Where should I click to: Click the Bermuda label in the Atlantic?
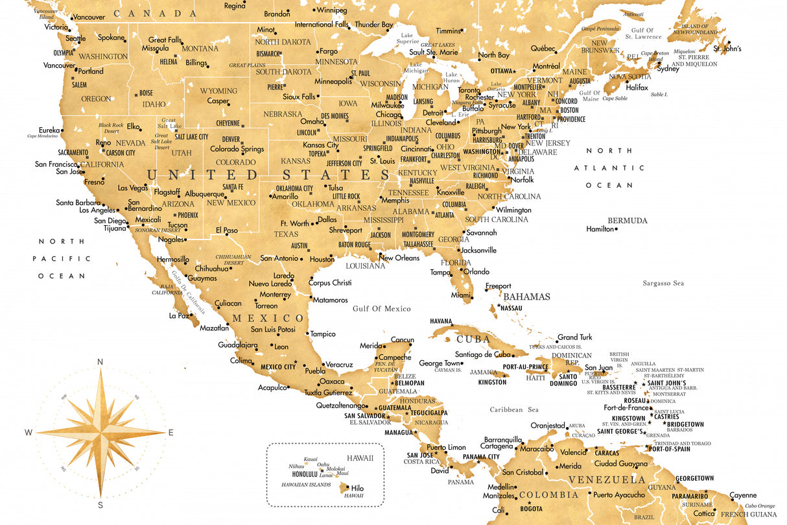[627, 221]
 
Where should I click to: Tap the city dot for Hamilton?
[616, 229]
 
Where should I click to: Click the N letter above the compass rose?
[100, 362]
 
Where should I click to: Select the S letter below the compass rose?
[100, 504]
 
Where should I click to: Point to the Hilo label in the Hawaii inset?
[357, 487]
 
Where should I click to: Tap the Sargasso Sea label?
[663, 283]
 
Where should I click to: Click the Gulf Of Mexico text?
[382, 309]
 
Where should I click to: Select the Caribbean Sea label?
[514, 409]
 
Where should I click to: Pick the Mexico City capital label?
[277, 367]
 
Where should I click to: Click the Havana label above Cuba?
[441, 321]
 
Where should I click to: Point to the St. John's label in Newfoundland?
[727, 49]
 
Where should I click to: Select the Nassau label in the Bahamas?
[511, 308]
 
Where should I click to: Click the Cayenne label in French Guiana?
[742, 495]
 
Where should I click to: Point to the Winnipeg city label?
[331, 10]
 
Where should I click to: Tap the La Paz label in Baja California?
[178, 315]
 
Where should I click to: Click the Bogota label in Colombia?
[531, 508]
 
